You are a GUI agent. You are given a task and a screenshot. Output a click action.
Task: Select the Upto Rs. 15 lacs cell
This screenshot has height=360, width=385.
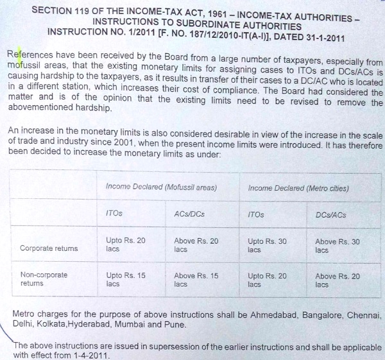coord(125,279)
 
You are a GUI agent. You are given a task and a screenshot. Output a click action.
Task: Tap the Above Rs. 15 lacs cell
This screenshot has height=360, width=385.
coord(196,279)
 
